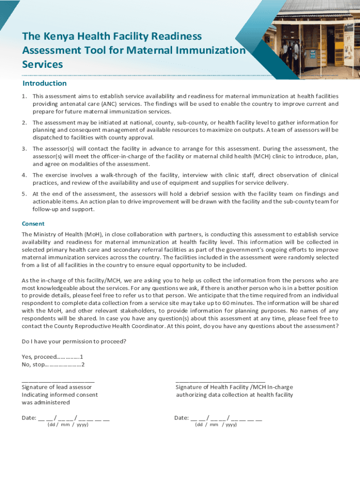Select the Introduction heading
44,83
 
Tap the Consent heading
33,224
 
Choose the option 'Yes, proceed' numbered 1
52,357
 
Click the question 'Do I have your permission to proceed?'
74,341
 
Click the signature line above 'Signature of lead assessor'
58,382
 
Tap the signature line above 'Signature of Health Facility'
220,382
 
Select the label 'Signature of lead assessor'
57,387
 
